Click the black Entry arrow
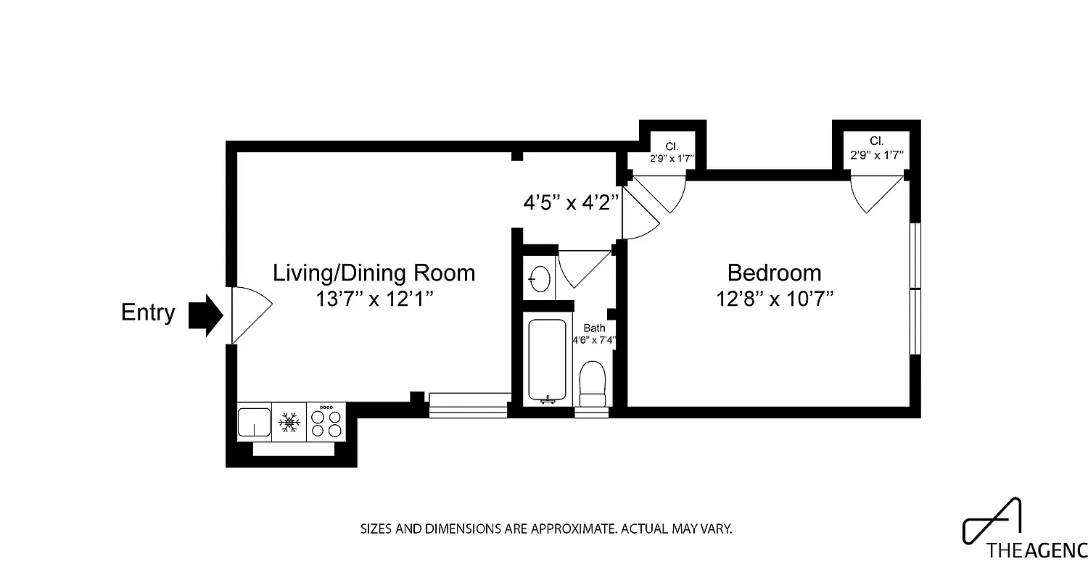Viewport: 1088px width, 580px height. click(x=206, y=315)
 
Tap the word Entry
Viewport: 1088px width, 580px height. click(x=148, y=312)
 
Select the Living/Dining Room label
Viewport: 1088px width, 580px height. click(x=374, y=273)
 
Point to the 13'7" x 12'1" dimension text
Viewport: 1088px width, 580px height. click(x=374, y=298)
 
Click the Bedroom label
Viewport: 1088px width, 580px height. click(x=774, y=273)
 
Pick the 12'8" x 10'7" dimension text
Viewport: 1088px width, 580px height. click(x=774, y=298)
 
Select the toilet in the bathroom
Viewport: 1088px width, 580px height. click(x=593, y=384)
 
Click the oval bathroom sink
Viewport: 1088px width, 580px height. click(x=540, y=278)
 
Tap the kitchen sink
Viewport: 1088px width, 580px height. click(x=254, y=422)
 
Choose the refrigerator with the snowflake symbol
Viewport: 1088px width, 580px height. click(x=289, y=422)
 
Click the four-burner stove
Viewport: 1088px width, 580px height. click(x=326, y=422)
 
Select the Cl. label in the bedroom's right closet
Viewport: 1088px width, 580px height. click(x=876, y=141)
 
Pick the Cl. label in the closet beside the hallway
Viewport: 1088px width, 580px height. click(x=672, y=146)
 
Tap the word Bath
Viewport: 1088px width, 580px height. click(x=594, y=328)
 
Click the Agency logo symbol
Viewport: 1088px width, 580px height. click(x=994, y=520)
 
